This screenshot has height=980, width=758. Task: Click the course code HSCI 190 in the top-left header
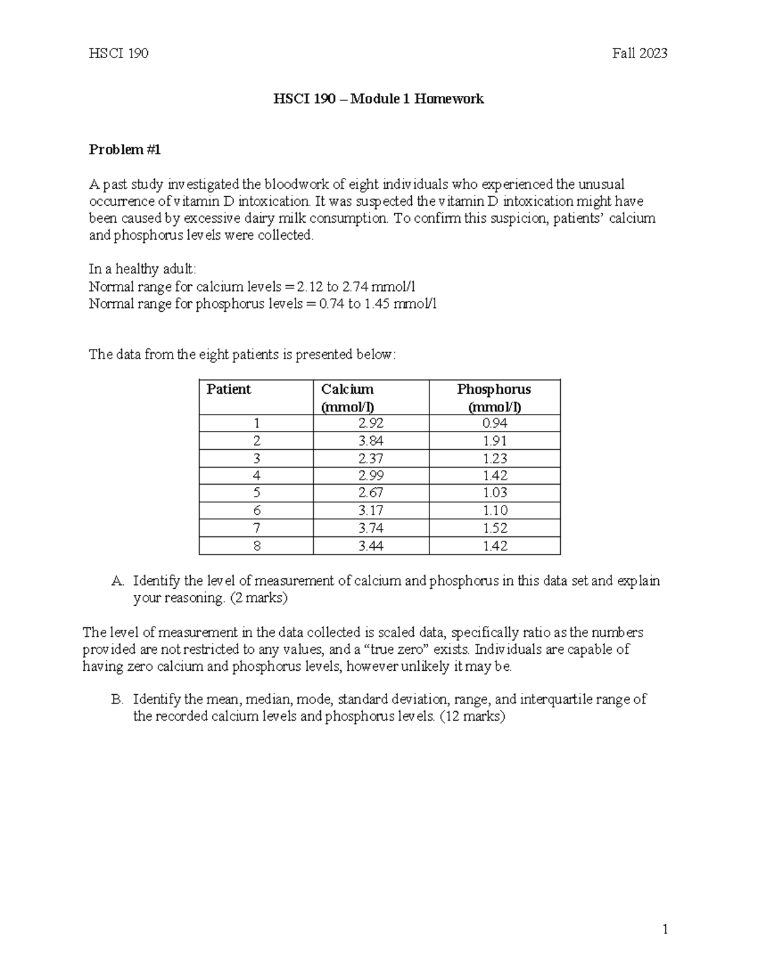119,54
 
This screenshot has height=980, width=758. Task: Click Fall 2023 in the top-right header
639,54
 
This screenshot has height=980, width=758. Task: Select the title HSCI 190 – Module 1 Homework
378,99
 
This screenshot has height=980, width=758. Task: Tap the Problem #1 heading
125,150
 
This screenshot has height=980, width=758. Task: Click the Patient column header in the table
229,389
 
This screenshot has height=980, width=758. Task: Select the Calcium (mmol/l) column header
347,398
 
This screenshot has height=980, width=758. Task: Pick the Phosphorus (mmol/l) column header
494,398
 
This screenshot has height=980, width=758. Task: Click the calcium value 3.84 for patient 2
370,440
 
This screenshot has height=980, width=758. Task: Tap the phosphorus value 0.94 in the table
495,423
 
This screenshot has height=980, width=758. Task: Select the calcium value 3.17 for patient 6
370,511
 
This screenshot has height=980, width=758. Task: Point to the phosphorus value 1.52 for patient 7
495,528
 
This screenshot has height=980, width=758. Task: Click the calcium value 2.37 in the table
370,458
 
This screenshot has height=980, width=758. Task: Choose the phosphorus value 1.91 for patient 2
495,440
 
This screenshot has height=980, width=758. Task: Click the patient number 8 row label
256,546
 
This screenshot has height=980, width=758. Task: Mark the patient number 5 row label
256,493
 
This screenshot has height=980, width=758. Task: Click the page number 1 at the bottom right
665,929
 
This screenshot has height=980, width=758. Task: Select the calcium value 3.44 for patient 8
370,546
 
